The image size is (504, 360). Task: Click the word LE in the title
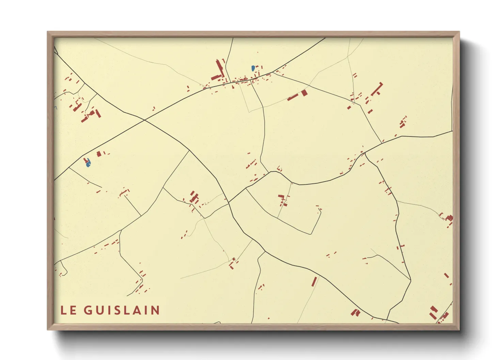(x=68, y=310)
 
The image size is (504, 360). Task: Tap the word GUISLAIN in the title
(x=122, y=310)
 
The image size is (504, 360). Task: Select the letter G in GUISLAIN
(x=88, y=310)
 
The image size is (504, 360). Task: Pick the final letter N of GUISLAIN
(x=156, y=310)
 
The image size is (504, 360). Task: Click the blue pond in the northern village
(x=253, y=68)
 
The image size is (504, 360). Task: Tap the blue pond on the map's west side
(x=88, y=163)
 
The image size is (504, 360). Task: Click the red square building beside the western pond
(x=99, y=154)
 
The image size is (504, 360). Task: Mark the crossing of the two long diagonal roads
(x=145, y=120)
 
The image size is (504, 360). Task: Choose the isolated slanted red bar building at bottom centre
(x=314, y=282)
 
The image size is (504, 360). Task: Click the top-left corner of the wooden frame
(x=48, y=32)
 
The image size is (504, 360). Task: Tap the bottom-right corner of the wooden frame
(x=459, y=329)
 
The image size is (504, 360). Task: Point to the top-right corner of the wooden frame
(x=459, y=32)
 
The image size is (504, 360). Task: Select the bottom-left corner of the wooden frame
(x=48, y=329)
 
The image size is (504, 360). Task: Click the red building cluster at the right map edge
(x=449, y=218)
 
